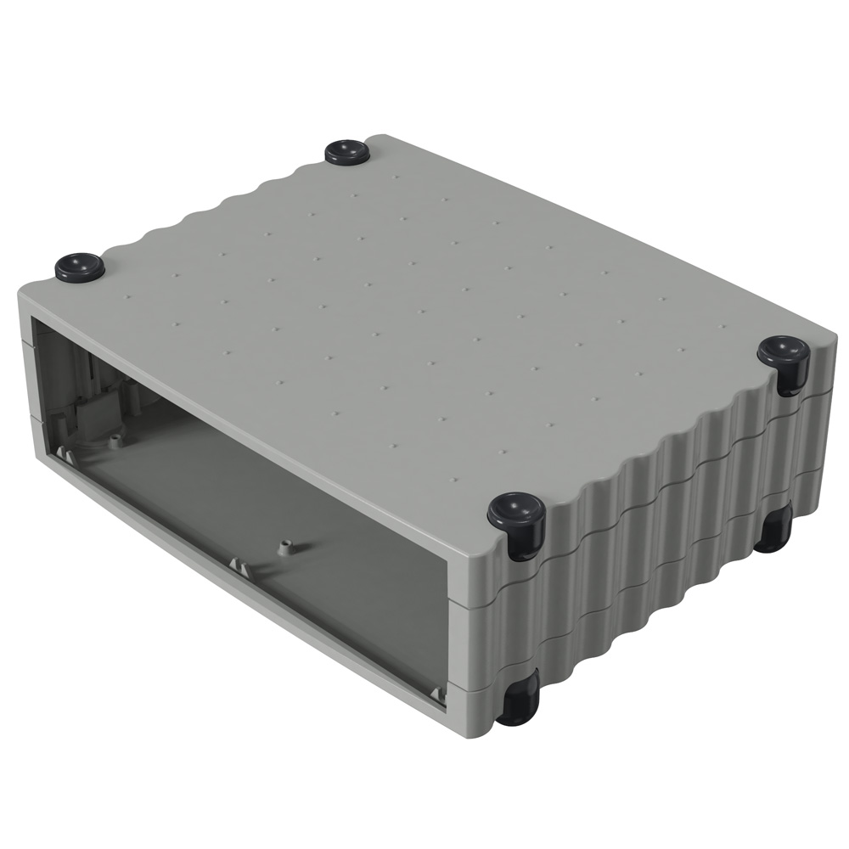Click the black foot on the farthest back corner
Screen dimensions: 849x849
pyautogui.click(x=347, y=152)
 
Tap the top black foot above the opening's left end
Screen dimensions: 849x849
pyautogui.click(x=80, y=267)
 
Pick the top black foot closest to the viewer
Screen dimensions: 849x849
pyautogui.click(x=516, y=514)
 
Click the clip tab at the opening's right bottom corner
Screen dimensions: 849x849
pyautogui.click(x=437, y=695)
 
